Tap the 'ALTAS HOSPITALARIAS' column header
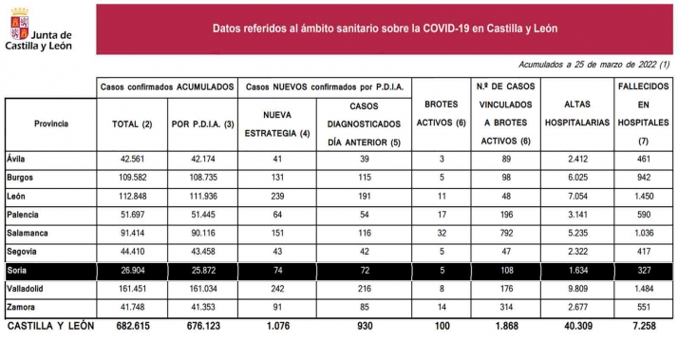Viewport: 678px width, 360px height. point(573,123)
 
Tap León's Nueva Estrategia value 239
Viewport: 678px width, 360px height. point(277,196)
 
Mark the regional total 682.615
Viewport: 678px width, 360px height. point(132,327)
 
